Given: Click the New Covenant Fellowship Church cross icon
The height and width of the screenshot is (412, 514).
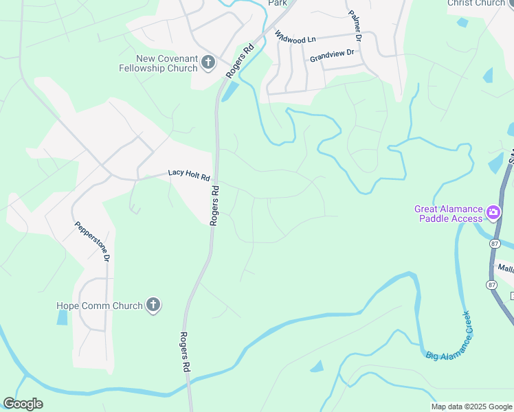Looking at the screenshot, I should click(x=209, y=64).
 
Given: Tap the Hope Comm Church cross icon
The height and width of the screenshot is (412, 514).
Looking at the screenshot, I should click(x=153, y=306).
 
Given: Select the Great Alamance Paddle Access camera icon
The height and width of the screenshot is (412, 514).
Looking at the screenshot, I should click(x=493, y=213).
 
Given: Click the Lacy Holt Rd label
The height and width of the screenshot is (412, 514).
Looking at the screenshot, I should click(x=188, y=175).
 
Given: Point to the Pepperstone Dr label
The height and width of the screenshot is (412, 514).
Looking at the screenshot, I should click(x=92, y=241).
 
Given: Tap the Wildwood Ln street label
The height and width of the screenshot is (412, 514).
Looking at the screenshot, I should click(x=295, y=37).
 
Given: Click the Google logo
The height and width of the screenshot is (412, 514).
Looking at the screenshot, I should click(x=23, y=404).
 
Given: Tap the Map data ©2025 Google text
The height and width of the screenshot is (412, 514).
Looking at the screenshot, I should click(x=472, y=407).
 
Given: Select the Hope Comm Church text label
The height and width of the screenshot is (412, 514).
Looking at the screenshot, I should click(x=99, y=306).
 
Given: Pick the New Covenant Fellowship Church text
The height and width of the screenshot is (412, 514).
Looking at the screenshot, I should click(x=167, y=64).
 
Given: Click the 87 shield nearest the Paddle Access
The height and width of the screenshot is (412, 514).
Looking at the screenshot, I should click(x=494, y=244).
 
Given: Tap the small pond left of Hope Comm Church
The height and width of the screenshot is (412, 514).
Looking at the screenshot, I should click(x=63, y=317).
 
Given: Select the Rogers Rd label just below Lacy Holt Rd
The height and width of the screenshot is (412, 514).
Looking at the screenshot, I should click(x=215, y=205).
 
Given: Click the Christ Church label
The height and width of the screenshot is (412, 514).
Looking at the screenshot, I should click(x=476, y=3).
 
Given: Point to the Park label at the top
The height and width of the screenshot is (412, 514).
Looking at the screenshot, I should click(x=277, y=3).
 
